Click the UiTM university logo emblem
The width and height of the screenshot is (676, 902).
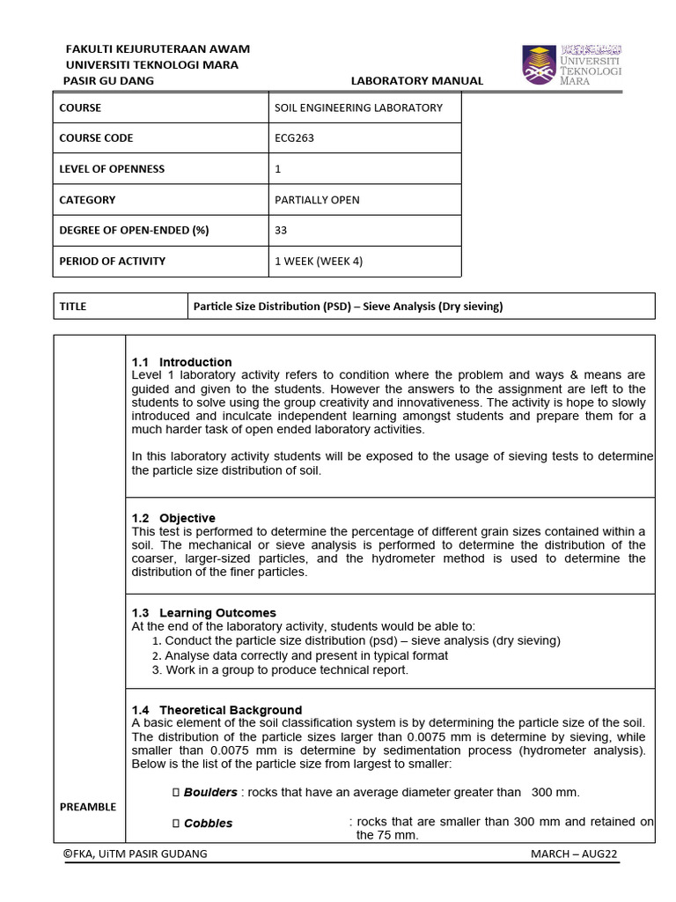539,64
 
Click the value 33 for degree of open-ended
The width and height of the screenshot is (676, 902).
282,231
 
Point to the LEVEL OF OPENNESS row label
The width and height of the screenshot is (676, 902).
112,169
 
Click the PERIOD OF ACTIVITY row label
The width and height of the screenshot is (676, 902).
112,262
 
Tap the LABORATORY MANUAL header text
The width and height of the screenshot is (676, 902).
417,81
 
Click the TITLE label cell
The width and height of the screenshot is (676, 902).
73,307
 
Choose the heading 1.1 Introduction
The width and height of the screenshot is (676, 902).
181,362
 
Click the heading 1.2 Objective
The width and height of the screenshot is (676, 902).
173,518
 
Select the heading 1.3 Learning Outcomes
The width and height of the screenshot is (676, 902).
203,613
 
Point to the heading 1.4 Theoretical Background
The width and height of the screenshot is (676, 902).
217,710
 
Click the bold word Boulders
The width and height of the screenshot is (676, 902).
210,792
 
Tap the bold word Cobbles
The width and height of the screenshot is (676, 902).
208,824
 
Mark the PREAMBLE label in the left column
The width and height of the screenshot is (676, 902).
88,807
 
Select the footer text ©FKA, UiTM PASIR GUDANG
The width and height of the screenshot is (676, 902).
136,854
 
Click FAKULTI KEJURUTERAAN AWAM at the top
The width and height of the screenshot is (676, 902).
158,48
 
